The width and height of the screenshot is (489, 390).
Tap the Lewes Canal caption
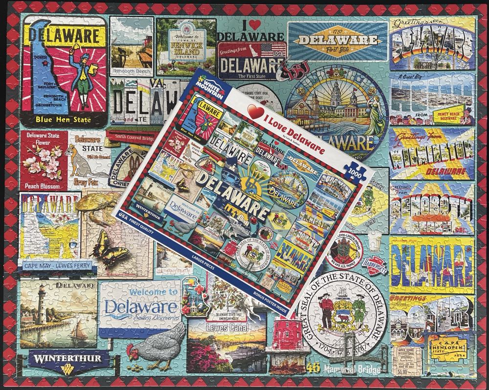click(226, 327)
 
